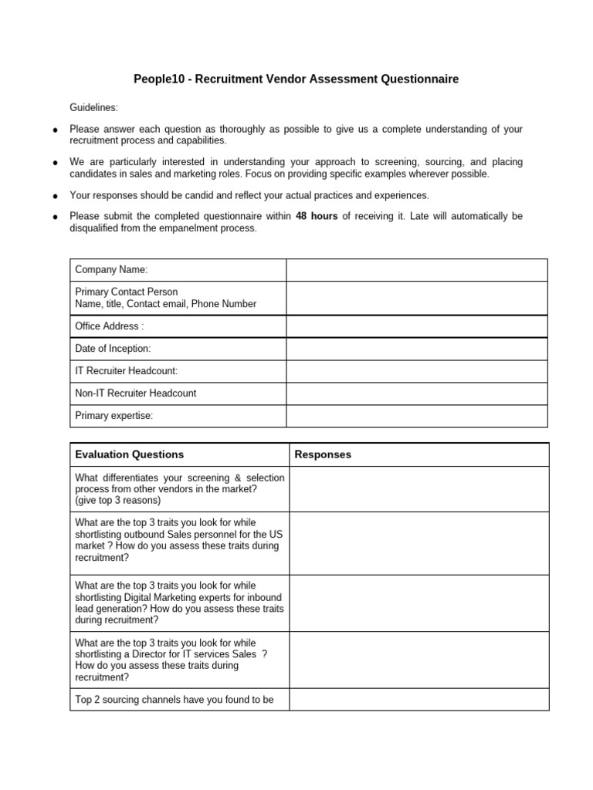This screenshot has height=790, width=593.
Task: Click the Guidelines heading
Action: pos(94,107)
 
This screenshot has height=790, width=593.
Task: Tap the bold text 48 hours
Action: pos(317,217)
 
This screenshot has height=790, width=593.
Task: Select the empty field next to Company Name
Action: pos(417,270)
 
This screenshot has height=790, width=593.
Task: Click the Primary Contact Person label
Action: pos(126,292)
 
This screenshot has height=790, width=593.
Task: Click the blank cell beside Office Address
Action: pos(417,326)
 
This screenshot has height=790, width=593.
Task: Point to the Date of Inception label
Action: pos(113,349)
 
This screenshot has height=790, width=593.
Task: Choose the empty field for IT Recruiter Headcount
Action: pos(417,371)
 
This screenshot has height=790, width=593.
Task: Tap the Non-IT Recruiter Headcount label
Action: pos(135,393)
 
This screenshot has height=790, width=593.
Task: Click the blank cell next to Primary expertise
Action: pos(417,416)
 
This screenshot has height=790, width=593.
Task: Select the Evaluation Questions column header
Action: pos(129,454)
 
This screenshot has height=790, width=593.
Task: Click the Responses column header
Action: pos(323,454)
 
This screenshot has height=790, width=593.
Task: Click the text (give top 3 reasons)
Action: pos(118,500)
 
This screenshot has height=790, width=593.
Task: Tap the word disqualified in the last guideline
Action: pos(98,228)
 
